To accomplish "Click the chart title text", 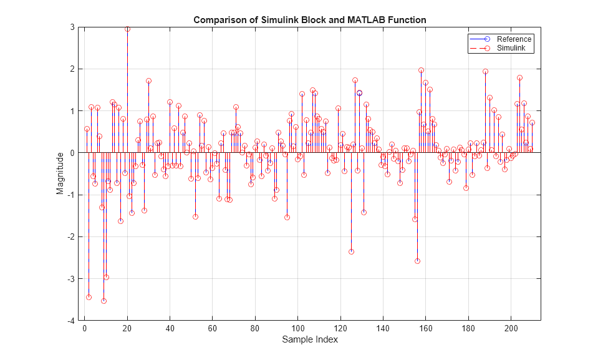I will (310, 20).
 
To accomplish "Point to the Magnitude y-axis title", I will (60, 174).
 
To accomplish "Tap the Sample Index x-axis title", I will (310, 340).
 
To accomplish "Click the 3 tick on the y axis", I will (75, 27).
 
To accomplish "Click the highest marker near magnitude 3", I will (127, 29).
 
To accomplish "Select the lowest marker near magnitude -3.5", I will (104, 301).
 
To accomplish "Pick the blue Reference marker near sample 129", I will (359, 93).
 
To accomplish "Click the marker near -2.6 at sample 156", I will (417, 261).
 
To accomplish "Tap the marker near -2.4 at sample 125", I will (351, 251).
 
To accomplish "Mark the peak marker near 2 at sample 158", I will (421, 71).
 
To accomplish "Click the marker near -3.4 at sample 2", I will (89, 297).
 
